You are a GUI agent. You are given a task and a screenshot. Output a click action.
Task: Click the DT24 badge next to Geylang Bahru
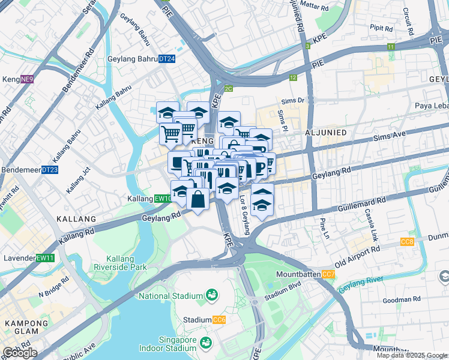pos(167,59)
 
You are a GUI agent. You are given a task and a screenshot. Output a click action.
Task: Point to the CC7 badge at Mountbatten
pos(328,274)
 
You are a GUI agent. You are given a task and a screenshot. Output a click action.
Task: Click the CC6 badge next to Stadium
pos(218,320)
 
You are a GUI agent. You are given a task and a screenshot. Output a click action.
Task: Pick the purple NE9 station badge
pos(27,79)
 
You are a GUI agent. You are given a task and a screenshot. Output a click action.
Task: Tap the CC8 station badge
pos(407,242)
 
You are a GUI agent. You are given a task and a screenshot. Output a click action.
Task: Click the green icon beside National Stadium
pos(211,294)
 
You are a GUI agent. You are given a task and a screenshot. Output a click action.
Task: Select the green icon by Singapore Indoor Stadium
pos(205,343)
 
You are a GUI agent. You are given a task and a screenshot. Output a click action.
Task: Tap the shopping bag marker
pos(197,199)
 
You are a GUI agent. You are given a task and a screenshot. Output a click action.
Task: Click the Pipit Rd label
pos(381,28)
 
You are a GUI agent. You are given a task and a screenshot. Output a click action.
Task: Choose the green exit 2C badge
pos(228,88)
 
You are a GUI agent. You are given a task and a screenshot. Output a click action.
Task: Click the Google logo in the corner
pos(19,353)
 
